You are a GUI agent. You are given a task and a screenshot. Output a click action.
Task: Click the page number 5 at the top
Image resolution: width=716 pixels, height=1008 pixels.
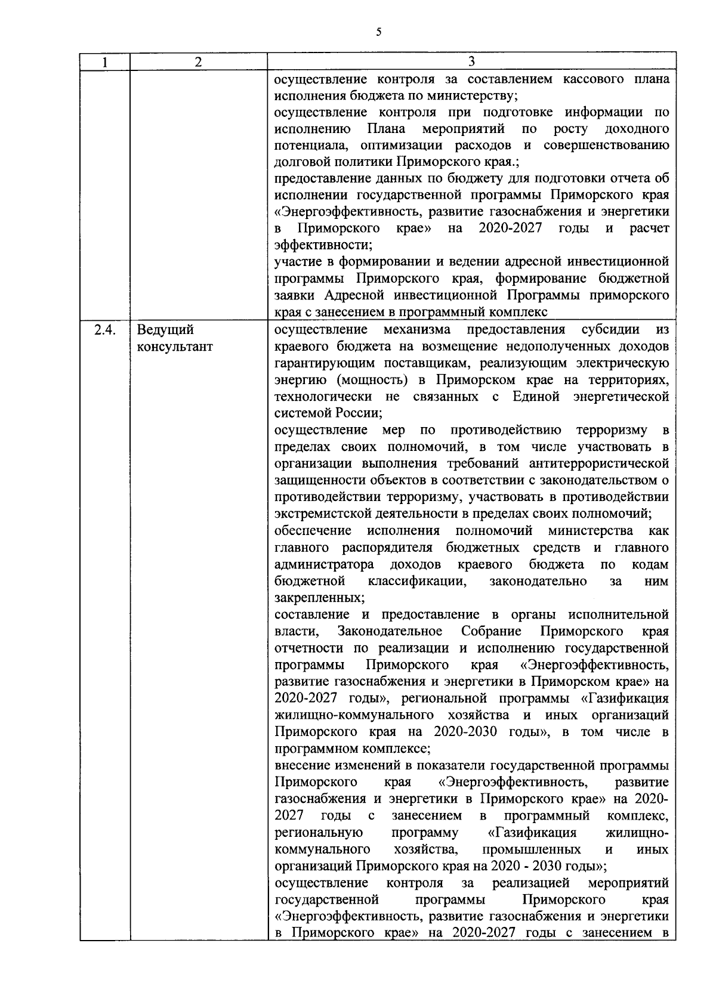pyautogui.click(x=379, y=32)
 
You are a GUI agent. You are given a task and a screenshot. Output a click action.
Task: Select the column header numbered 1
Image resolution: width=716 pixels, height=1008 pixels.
pyautogui.click(x=105, y=62)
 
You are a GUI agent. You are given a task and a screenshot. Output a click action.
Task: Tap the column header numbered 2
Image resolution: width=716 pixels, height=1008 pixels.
pyautogui.click(x=198, y=62)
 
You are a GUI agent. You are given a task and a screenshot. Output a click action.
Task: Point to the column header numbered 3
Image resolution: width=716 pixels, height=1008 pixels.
pyautogui.click(x=471, y=62)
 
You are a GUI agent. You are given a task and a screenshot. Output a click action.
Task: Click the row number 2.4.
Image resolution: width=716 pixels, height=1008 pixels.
pyautogui.click(x=105, y=330)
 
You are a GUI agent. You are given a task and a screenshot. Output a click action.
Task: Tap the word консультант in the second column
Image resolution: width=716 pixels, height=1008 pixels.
pyautogui.click(x=175, y=347)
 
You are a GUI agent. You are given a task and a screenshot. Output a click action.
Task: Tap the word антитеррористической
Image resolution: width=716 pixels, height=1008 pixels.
pyautogui.click(x=599, y=463)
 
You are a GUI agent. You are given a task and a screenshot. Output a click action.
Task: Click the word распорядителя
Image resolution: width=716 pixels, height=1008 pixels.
pyautogui.click(x=390, y=547)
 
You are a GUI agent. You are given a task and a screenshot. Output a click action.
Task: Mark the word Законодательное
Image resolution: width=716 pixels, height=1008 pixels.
pyautogui.click(x=390, y=630)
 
